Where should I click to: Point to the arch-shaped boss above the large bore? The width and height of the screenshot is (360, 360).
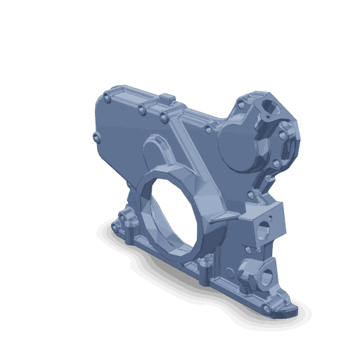coord(159,148)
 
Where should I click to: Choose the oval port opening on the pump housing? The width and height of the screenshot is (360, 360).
coord(270,108)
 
